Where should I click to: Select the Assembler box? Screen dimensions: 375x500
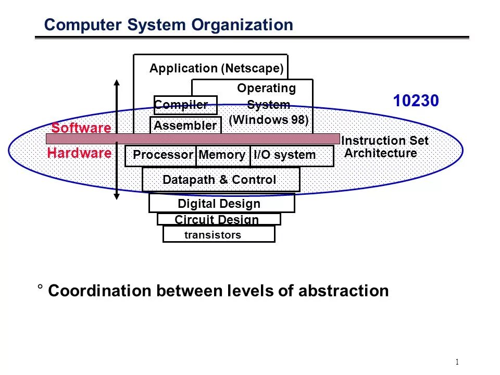tap(185, 126)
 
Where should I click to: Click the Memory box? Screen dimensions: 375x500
tap(222, 155)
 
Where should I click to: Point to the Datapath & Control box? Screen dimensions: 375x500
tap(220, 180)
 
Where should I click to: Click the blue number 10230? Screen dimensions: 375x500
tap(416, 101)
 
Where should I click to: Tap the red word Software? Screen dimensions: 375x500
tap(81, 128)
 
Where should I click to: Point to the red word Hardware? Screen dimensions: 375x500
tap(79, 153)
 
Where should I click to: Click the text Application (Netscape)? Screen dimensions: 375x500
tap(217, 68)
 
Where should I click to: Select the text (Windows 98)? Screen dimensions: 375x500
tap(269, 120)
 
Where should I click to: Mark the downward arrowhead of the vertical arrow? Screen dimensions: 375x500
tap(117, 196)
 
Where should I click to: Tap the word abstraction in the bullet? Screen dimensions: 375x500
tap(343, 291)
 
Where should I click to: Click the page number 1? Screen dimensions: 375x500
tap(457, 362)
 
